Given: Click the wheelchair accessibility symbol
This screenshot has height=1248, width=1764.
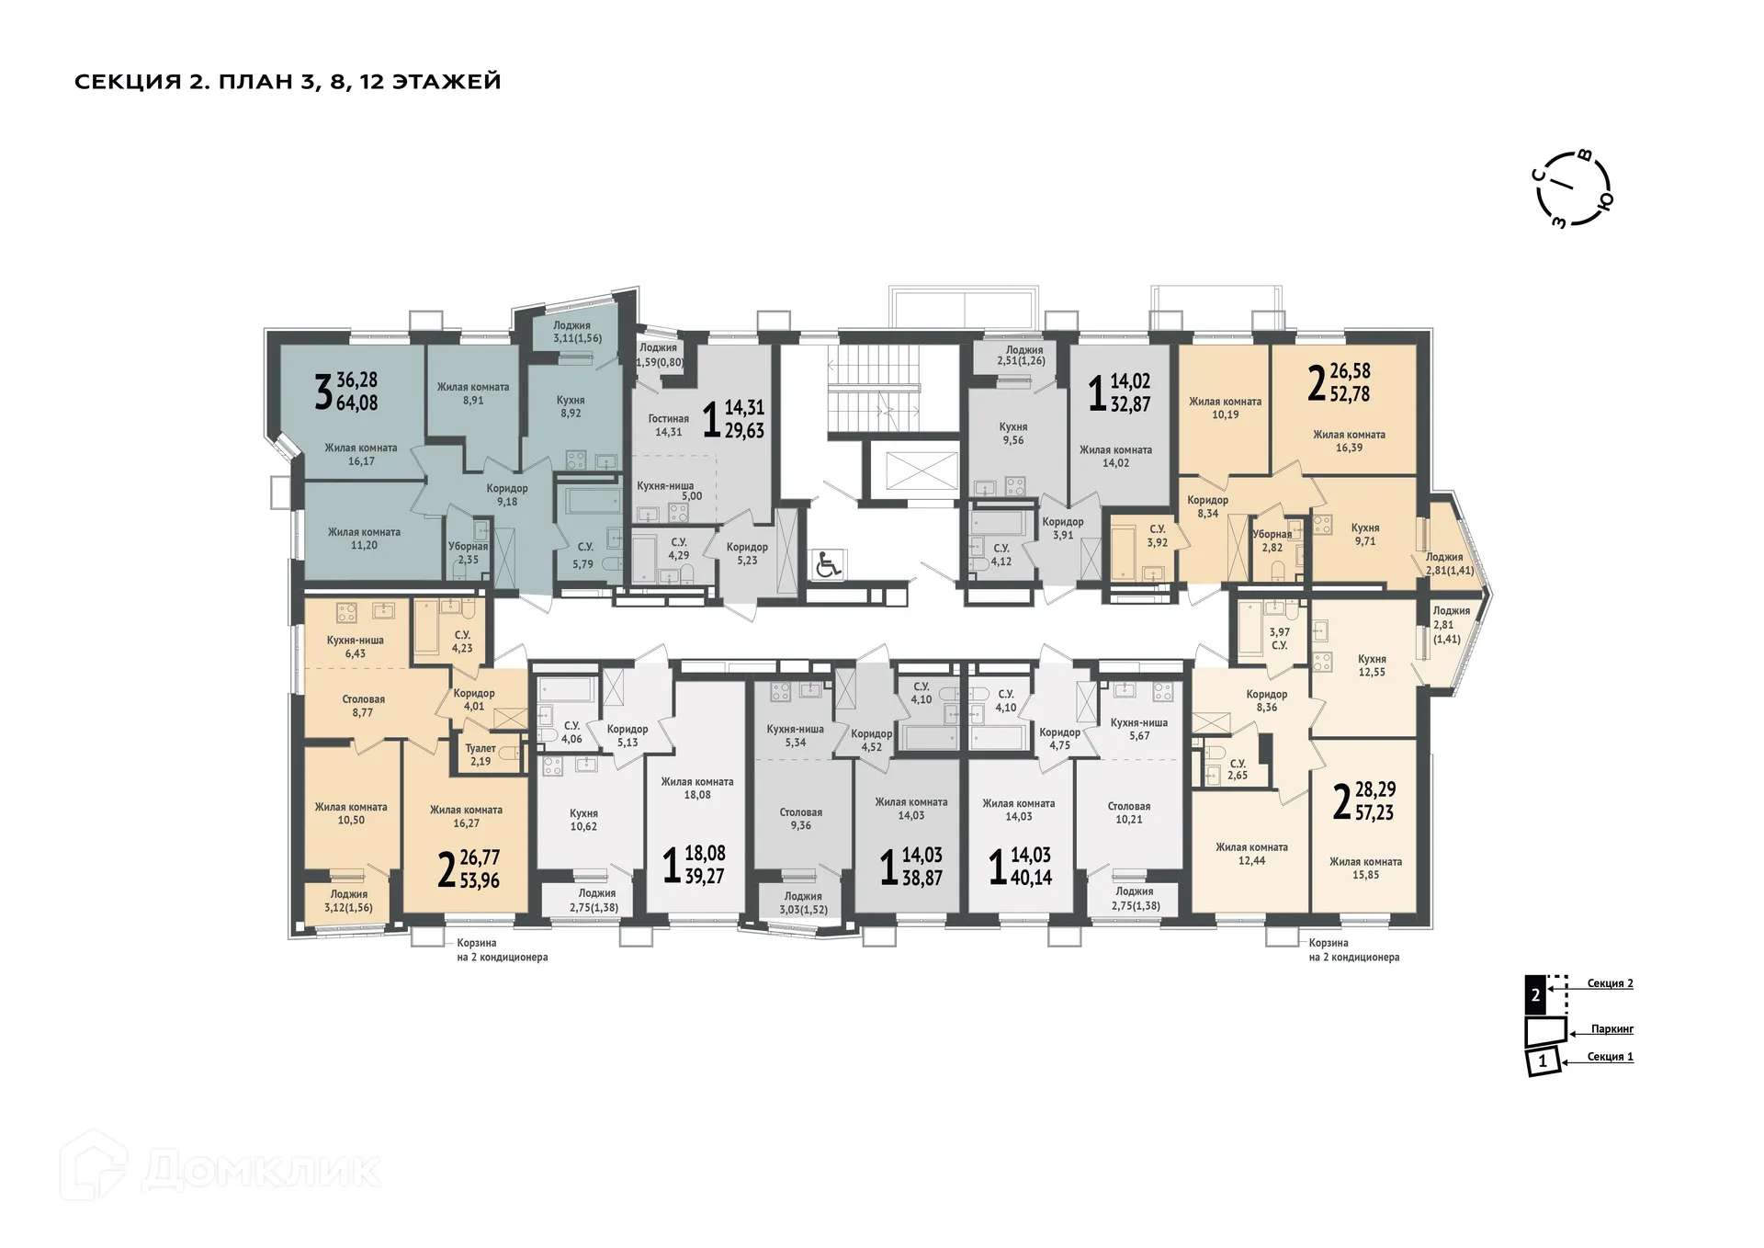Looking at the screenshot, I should [x=829, y=564].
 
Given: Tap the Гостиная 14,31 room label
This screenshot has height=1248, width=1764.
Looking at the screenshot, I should [x=668, y=425].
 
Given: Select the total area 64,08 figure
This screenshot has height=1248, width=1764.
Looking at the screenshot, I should [x=356, y=403].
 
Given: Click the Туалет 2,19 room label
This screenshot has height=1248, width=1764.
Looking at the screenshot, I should [x=481, y=754].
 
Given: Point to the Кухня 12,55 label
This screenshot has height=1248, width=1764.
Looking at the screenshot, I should [x=1372, y=665].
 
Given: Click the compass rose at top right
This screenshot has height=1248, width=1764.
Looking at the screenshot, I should [x=1573, y=188].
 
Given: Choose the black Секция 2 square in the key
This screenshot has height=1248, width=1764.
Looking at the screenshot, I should [x=1535, y=994].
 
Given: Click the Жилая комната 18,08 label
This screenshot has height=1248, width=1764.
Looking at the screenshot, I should [x=696, y=789].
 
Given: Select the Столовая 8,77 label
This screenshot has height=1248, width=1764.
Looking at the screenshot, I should [x=363, y=706].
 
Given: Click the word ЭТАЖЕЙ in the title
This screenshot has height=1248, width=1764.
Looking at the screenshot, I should [x=447, y=82].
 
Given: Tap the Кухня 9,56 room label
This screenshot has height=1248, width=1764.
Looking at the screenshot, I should [x=1012, y=434].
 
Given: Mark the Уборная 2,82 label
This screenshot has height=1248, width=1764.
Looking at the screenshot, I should [x=1272, y=540].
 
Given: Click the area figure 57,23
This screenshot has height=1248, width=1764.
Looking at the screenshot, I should [x=1374, y=812].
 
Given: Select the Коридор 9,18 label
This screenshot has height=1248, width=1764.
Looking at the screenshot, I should [x=507, y=495].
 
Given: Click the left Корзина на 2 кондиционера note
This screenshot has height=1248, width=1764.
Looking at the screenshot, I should [x=502, y=949].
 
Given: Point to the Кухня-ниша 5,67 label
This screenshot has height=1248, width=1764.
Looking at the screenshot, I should [x=1138, y=729].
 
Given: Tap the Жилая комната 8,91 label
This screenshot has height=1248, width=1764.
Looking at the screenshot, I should [x=472, y=393].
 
